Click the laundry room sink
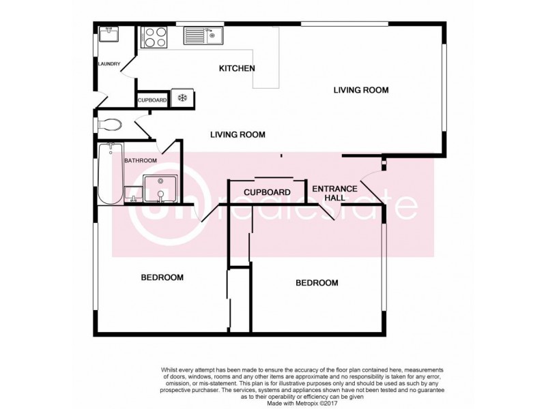coord(109,34)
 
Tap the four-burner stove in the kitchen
coord(154,36)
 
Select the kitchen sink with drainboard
coord(203,34)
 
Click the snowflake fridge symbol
coord(182,99)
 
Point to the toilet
coord(109,125)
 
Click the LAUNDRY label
coord(109,65)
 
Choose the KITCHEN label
coord(236,68)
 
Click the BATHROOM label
coord(141,161)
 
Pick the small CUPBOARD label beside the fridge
coord(152,100)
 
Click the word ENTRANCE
coord(334,188)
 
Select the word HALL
coord(334,198)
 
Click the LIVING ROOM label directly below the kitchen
coord(238,134)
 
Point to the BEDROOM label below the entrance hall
coord(316,283)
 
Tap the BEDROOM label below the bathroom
coord(162,277)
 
